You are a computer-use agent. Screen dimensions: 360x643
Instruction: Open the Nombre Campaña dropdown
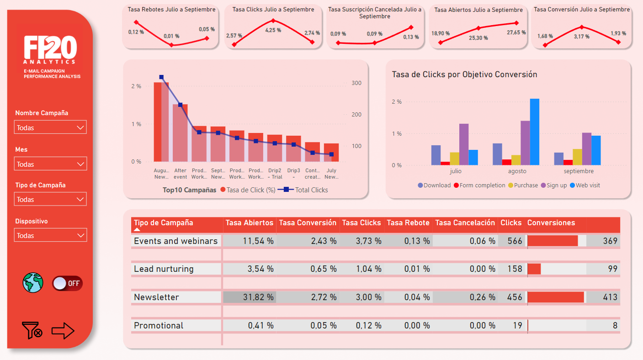[50, 127]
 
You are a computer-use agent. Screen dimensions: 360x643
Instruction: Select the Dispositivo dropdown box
[50, 235]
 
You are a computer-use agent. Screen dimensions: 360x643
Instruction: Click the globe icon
[33, 283]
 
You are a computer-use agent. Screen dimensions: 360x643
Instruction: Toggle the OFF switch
[67, 283]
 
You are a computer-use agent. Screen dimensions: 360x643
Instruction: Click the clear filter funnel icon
[32, 330]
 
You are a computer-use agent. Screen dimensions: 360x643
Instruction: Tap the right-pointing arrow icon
[63, 330]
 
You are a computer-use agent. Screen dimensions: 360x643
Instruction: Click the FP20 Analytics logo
[50, 50]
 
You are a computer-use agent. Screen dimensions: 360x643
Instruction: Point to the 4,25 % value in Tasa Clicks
[273, 30]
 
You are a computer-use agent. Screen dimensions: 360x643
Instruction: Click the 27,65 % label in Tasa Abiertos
[516, 32]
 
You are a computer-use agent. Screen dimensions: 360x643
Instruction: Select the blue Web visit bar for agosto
[535, 132]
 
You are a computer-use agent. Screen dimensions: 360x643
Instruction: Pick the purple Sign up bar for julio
[464, 144]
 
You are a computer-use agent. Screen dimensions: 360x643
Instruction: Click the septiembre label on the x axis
[579, 171]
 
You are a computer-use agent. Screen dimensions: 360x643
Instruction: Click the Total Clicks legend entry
[311, 190]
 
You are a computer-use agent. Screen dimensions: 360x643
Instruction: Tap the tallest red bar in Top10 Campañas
[161, 122]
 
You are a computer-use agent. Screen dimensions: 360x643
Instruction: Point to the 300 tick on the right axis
[356, 83]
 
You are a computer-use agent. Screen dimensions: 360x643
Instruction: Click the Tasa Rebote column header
[408, 223]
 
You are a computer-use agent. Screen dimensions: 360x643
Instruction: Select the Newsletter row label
[156, 297]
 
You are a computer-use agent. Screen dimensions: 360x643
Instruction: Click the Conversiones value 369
[610, 241]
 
